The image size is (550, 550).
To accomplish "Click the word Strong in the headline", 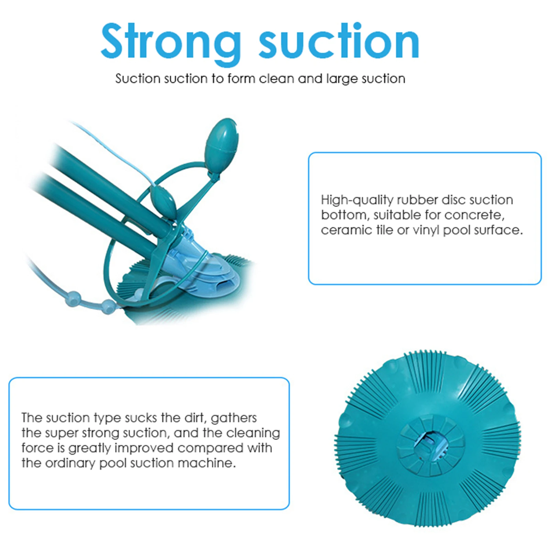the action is coord(170,43).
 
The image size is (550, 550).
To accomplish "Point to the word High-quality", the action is coord(357,200).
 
